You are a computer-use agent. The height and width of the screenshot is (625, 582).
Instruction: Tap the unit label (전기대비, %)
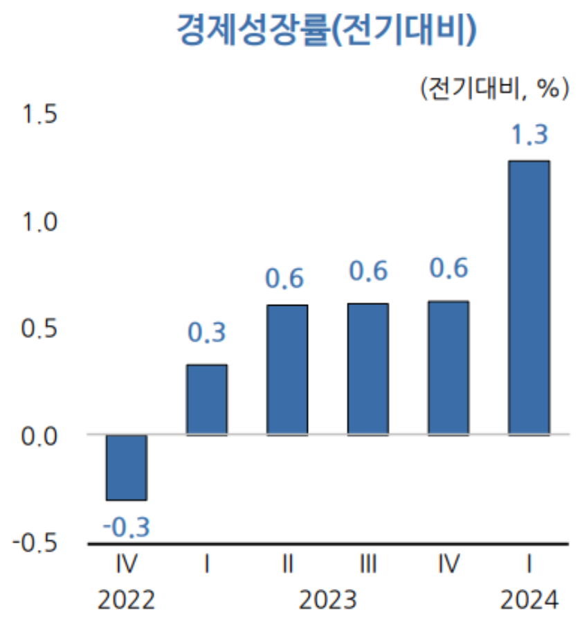[493, 88]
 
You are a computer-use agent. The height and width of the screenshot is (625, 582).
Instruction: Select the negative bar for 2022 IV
[126, 467]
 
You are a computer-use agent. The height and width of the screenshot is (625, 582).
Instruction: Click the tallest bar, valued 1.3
[529, 298]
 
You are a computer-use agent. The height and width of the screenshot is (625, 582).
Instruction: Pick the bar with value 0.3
[206, 400]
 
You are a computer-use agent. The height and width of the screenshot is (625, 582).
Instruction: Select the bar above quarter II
[287, 370]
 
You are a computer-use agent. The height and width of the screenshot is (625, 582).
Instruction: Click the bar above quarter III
[367, 369]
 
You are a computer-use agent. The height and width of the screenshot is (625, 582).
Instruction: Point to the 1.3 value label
[529, 134]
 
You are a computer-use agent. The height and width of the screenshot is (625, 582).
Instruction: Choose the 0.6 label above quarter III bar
[367, 272]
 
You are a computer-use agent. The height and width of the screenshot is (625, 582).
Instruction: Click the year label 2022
[126, 599]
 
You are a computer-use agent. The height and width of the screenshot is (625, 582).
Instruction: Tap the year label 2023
[327, 599]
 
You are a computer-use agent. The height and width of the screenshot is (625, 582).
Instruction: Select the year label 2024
[529, 599]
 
